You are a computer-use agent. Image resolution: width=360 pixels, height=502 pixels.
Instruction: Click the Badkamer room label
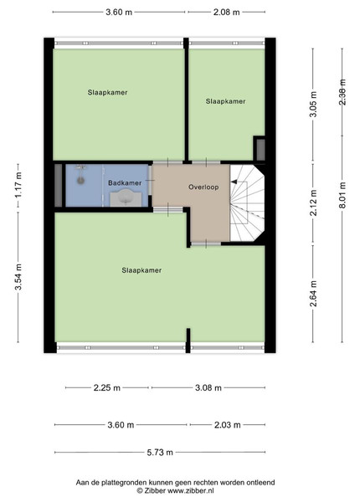(x=125, y=182)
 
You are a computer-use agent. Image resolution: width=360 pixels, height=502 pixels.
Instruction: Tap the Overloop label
(x=203, y=187)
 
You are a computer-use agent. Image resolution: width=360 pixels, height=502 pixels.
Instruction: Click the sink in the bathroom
(x=126, y=197)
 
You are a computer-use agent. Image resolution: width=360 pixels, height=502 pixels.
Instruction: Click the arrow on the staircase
(x=234, y=182)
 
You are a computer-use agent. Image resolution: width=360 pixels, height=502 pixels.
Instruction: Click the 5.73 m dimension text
(x=160, y=452)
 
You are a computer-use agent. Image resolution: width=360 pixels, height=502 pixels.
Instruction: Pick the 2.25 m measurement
(x=107, y=387)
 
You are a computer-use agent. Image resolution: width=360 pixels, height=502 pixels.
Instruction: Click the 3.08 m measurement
(x=208, y=387)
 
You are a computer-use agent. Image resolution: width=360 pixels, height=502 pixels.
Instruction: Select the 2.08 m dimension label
(x=226, y=13)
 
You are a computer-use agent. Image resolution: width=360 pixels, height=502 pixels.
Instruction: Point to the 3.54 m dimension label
(x=18, y=277)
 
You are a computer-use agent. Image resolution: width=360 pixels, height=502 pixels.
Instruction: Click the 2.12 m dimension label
(x=313, y=202)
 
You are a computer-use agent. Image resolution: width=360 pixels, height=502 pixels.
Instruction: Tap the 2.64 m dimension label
(x=313, y=294)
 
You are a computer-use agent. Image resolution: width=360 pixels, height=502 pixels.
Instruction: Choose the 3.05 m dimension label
(x=313, y=105)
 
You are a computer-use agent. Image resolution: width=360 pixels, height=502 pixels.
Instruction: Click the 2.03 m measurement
(x=227, y=425)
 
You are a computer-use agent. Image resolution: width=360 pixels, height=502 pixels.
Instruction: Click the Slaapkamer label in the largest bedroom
(x=141, y=270)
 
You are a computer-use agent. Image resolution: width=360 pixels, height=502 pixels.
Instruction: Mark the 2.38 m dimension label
(x=342, y=92)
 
